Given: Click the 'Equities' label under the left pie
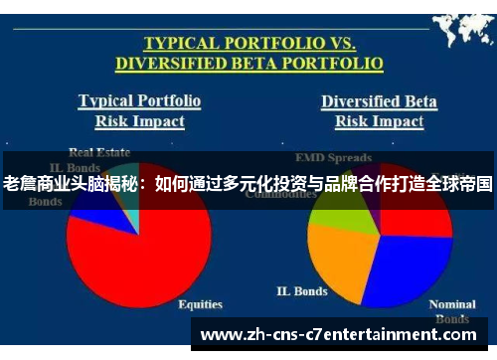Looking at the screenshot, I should [x=199, y=304].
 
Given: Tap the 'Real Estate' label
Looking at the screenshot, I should [x=98, y=152].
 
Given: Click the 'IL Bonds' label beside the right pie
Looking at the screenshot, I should [x=301, y=292].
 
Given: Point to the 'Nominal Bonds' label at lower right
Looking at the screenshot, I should [x=451, y=311].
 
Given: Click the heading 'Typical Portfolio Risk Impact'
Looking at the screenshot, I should [x=139, y=111].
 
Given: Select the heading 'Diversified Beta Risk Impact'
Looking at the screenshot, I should [x=379, y=111].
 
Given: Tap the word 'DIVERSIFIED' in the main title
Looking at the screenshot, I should [x=179, y=64].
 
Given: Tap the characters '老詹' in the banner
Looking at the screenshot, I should [x=21, y=184].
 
